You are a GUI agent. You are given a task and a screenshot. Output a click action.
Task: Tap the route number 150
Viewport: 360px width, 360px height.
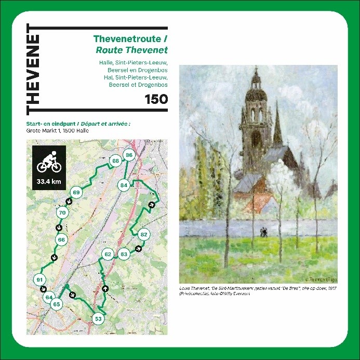click(x=156, y=98)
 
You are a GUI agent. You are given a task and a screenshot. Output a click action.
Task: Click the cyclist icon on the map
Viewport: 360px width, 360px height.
click(x=48, y=162)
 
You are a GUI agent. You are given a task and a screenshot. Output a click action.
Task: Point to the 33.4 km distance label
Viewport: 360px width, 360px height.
click(x=48, y=182)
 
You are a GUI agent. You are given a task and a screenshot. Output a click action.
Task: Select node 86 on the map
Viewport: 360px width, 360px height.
click(x=129, y=155)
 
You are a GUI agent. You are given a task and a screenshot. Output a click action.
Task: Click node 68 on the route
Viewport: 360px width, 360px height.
click(x=115, y=161)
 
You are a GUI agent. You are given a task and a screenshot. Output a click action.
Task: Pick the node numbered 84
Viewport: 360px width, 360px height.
click(x=124, y=185)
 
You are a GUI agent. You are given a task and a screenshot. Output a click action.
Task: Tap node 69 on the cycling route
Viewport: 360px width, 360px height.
click(x=76, y=193)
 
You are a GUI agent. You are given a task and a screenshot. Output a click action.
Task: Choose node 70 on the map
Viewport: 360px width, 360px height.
click(x=62, y=213)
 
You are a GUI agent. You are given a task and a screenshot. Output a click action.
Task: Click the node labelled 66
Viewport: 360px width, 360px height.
click(x=61, y=239)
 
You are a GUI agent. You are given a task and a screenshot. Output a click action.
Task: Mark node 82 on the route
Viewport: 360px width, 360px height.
click(x=144, y=234)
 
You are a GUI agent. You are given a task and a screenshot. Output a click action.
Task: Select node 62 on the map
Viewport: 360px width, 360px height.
click(x=108, y=254)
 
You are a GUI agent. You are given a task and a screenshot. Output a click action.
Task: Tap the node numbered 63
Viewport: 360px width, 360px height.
click(x=124, y=254)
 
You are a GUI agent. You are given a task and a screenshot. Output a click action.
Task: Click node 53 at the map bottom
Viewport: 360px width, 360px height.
click(x=98, y=318)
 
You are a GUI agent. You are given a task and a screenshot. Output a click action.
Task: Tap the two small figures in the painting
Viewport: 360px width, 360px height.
click(x=264, y=232)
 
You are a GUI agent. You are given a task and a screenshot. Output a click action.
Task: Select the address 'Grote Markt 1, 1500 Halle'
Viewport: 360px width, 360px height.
click(x=57, y=131)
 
